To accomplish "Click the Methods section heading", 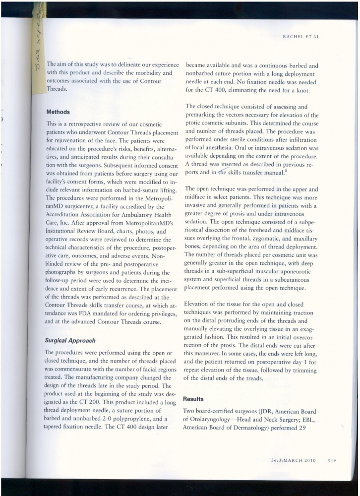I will (58, 112).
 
